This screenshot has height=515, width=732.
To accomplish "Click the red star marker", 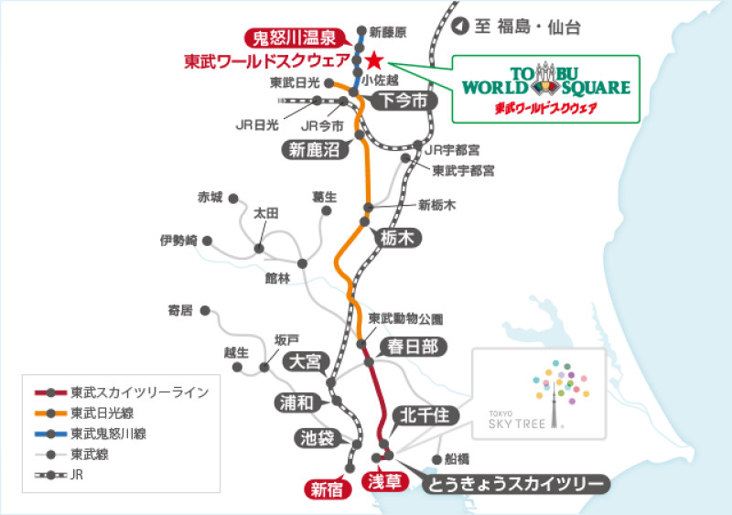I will [x=373, y=60].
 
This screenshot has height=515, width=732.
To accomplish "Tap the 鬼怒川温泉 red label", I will [x=296, y=38].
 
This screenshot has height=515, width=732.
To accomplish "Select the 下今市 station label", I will [x=404, y=101].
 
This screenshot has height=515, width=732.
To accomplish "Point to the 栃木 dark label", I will [x=396, y=239].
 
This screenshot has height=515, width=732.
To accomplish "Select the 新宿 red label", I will [x=327, y=489].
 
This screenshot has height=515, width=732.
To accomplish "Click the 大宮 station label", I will [x=306, y=361].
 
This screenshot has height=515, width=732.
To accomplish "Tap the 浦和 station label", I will [x=298, y=402].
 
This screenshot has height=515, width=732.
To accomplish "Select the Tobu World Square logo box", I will [x=545, y=89].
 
